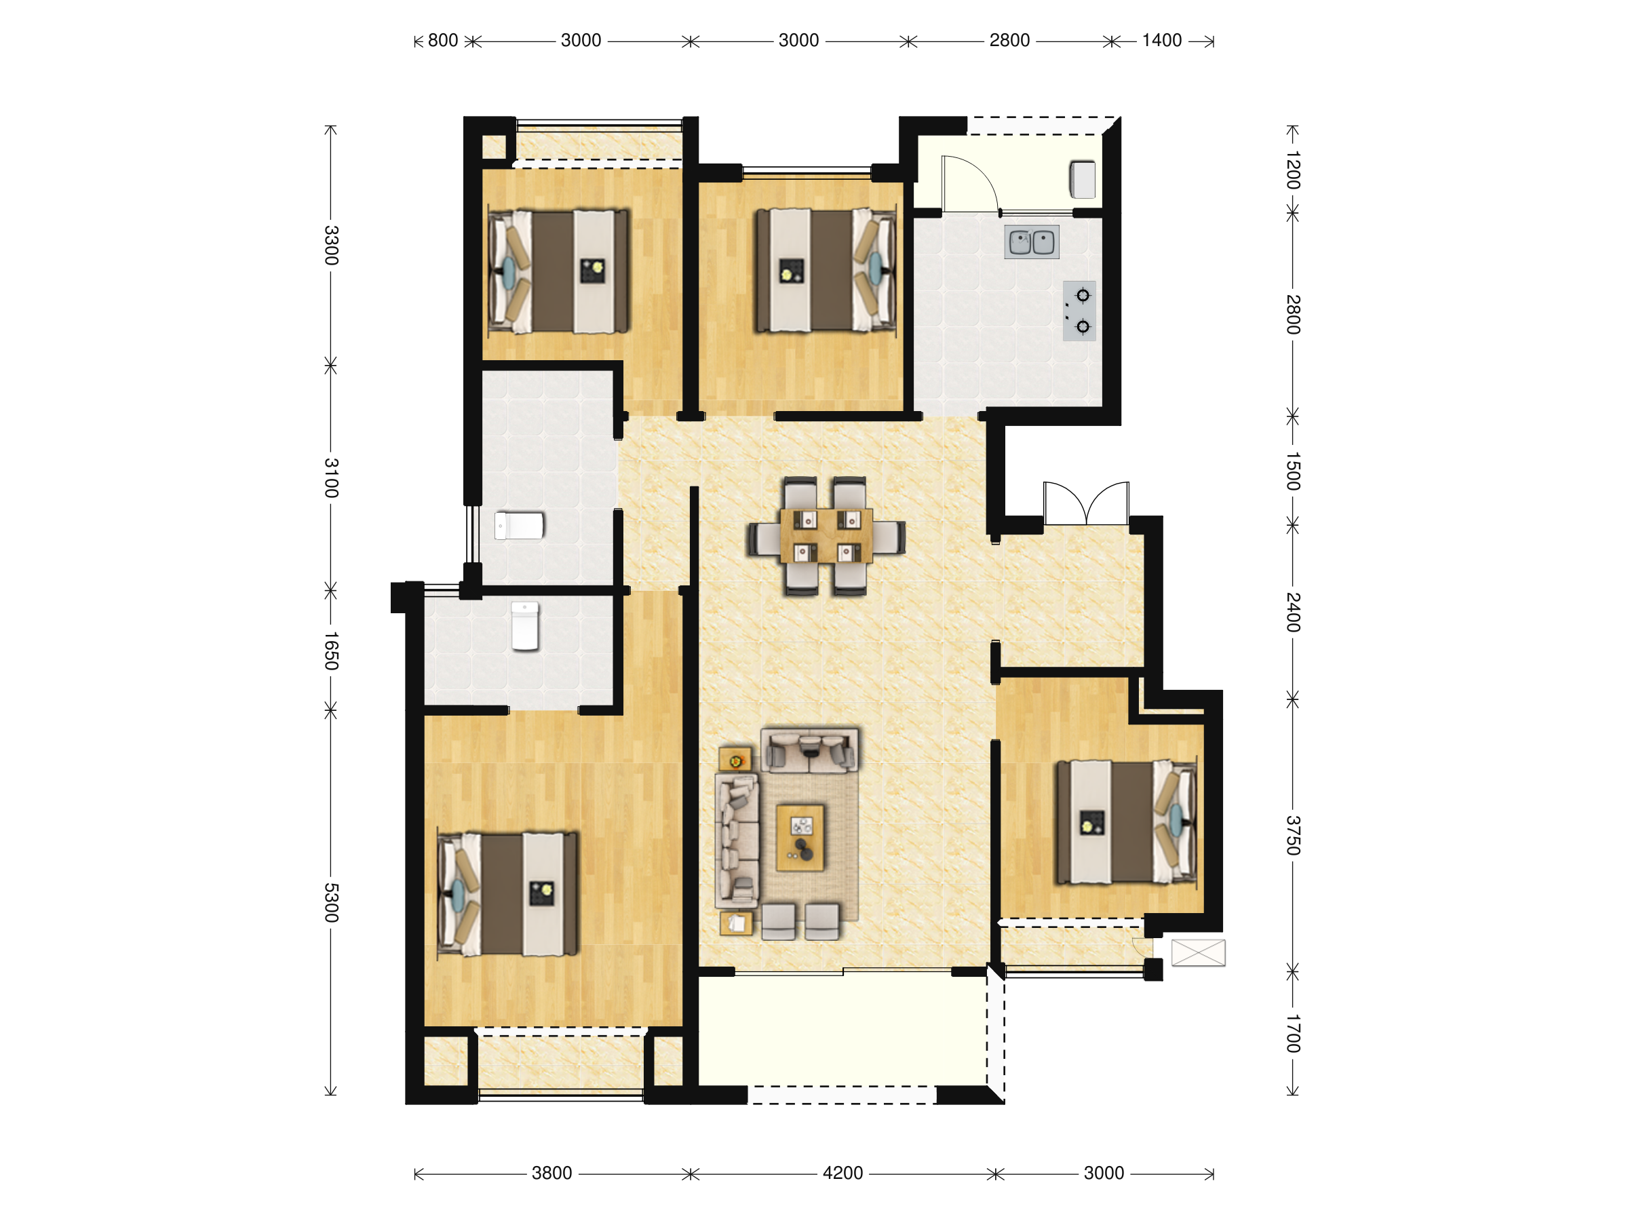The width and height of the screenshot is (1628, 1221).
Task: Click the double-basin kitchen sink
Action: pos(1031,241)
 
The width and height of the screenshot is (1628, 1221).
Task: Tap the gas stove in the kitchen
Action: pos(1079,311)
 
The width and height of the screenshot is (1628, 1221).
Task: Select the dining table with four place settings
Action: pos(826,536)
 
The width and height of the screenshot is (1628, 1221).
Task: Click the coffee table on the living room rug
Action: pos(800,838)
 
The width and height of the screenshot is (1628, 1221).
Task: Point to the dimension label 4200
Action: pos(842,1173)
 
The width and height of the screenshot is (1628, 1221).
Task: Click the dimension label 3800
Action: pos(551,1173)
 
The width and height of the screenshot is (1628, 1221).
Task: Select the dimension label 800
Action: pos(442,41)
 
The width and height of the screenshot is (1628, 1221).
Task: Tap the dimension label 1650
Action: pos(331,651)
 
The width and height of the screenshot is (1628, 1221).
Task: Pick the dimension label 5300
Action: pos(331,903)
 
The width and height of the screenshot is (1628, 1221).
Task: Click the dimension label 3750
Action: pos(1293,835)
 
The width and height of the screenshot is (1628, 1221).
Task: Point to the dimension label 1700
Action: pos(1293,1033)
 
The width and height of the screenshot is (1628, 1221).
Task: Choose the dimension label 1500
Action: pos(1293,471)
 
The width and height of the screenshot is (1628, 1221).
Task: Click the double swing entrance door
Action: pos(1086,503)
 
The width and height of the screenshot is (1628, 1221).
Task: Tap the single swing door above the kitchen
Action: pos(969,184)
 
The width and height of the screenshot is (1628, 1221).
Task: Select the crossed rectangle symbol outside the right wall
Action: pos(1198,952)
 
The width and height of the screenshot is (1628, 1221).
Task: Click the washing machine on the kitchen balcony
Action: pos(1082,180)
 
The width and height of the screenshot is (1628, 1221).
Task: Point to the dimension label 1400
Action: pos(1161,41)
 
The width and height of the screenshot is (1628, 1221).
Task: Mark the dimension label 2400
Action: pos(1293,613)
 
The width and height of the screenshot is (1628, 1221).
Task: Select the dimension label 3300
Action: pos(331,246)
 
